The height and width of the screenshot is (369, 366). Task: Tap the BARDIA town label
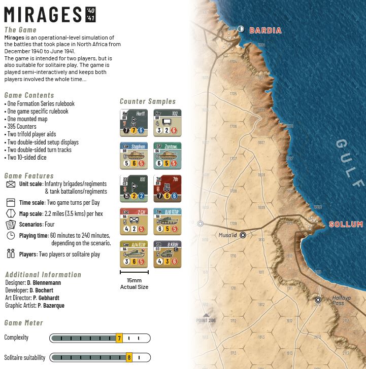pos(265,30)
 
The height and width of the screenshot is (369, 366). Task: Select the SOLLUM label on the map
pos(346,224)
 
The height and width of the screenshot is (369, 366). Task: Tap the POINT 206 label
pos(206,320)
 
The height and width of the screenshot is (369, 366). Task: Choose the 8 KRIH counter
pos(167,254)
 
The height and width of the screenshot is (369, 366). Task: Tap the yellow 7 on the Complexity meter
pos(119,338)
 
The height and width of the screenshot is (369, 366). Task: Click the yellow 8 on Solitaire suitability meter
pos(129,358)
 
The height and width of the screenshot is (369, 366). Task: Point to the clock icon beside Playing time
pos(11,236)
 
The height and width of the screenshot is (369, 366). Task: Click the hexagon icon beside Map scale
pos(11,213)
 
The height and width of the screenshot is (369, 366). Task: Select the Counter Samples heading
pos(147,101)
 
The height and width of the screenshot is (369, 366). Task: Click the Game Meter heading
pos(23,323)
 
